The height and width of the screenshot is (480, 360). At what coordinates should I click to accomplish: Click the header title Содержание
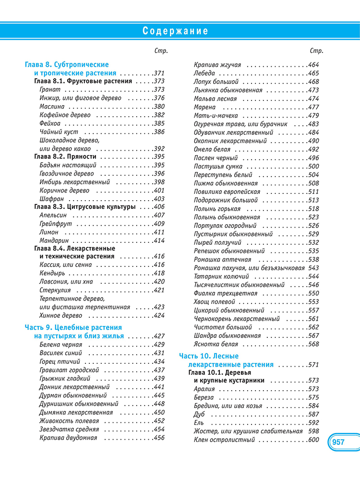tap(176, 31)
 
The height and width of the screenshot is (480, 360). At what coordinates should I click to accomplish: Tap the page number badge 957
tap(338, 442)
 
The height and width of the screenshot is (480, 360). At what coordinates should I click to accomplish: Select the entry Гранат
tap(50, 90)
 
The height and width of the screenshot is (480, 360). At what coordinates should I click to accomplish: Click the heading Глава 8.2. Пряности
tap(65, 156)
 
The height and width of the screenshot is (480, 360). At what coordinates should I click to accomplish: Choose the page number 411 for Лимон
tap(159, 232)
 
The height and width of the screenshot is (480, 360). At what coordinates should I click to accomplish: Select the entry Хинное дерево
tap(60, 315)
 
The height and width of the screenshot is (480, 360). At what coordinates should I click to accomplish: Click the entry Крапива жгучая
tap(217, 65)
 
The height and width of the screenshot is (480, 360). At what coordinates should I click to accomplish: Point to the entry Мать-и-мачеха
tap(215, 115)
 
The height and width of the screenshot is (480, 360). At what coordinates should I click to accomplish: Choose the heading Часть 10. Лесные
tap(209, 356)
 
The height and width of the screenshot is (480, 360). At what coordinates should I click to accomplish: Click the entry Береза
tap(204, 397)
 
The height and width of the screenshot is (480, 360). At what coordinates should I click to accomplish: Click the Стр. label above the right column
tap(316, 51)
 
